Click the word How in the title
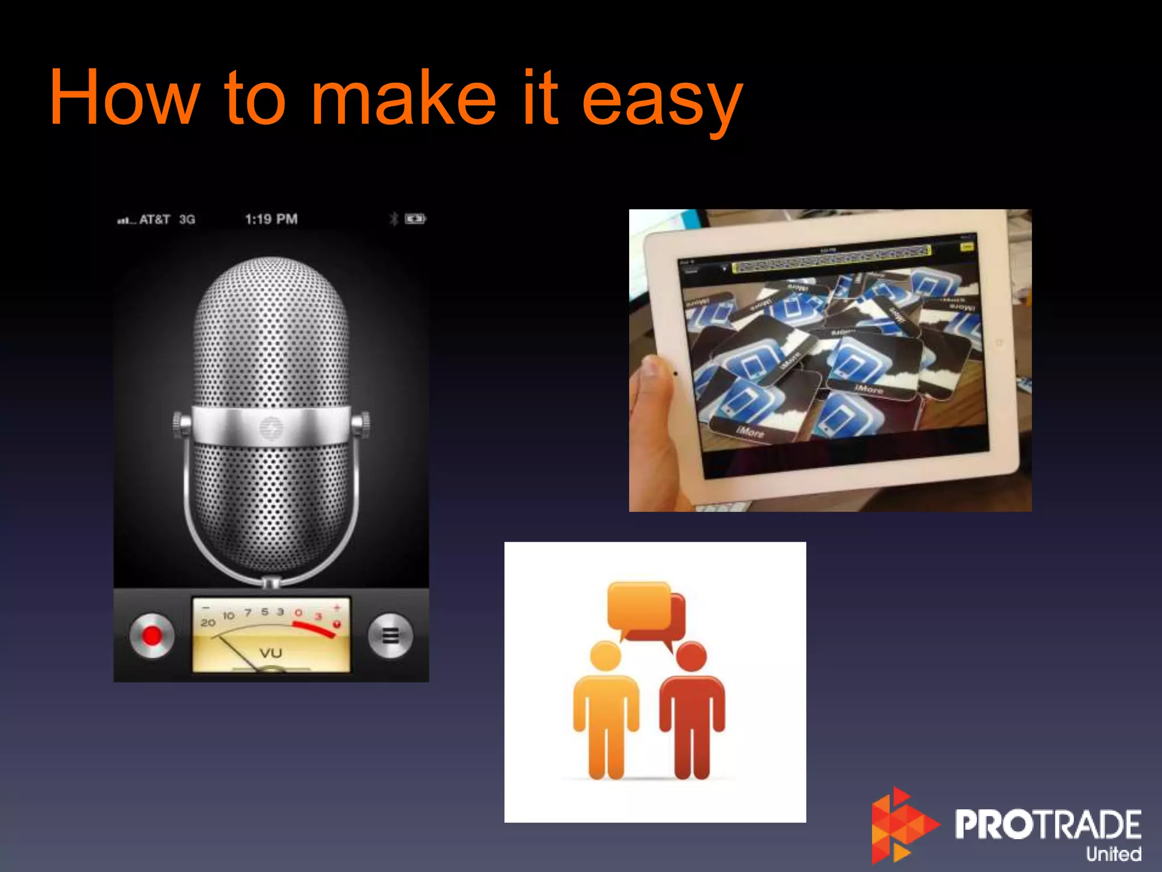pos(124,98)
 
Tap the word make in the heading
pos(404,98)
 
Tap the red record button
pos(151,636)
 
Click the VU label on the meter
pos(271,653)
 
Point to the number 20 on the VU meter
pos(208,623)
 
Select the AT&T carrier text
pos(154,219)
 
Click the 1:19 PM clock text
pos(271,219)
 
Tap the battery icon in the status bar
pos(415,219)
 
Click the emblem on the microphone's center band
pos(271,426)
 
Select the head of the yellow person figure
pos(605,657)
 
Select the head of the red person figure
pos(691,657)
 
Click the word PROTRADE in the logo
pos(1047,824)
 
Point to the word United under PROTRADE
pos(1113,854)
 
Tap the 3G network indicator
pos(187,219)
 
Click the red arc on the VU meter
pos(314,629)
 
